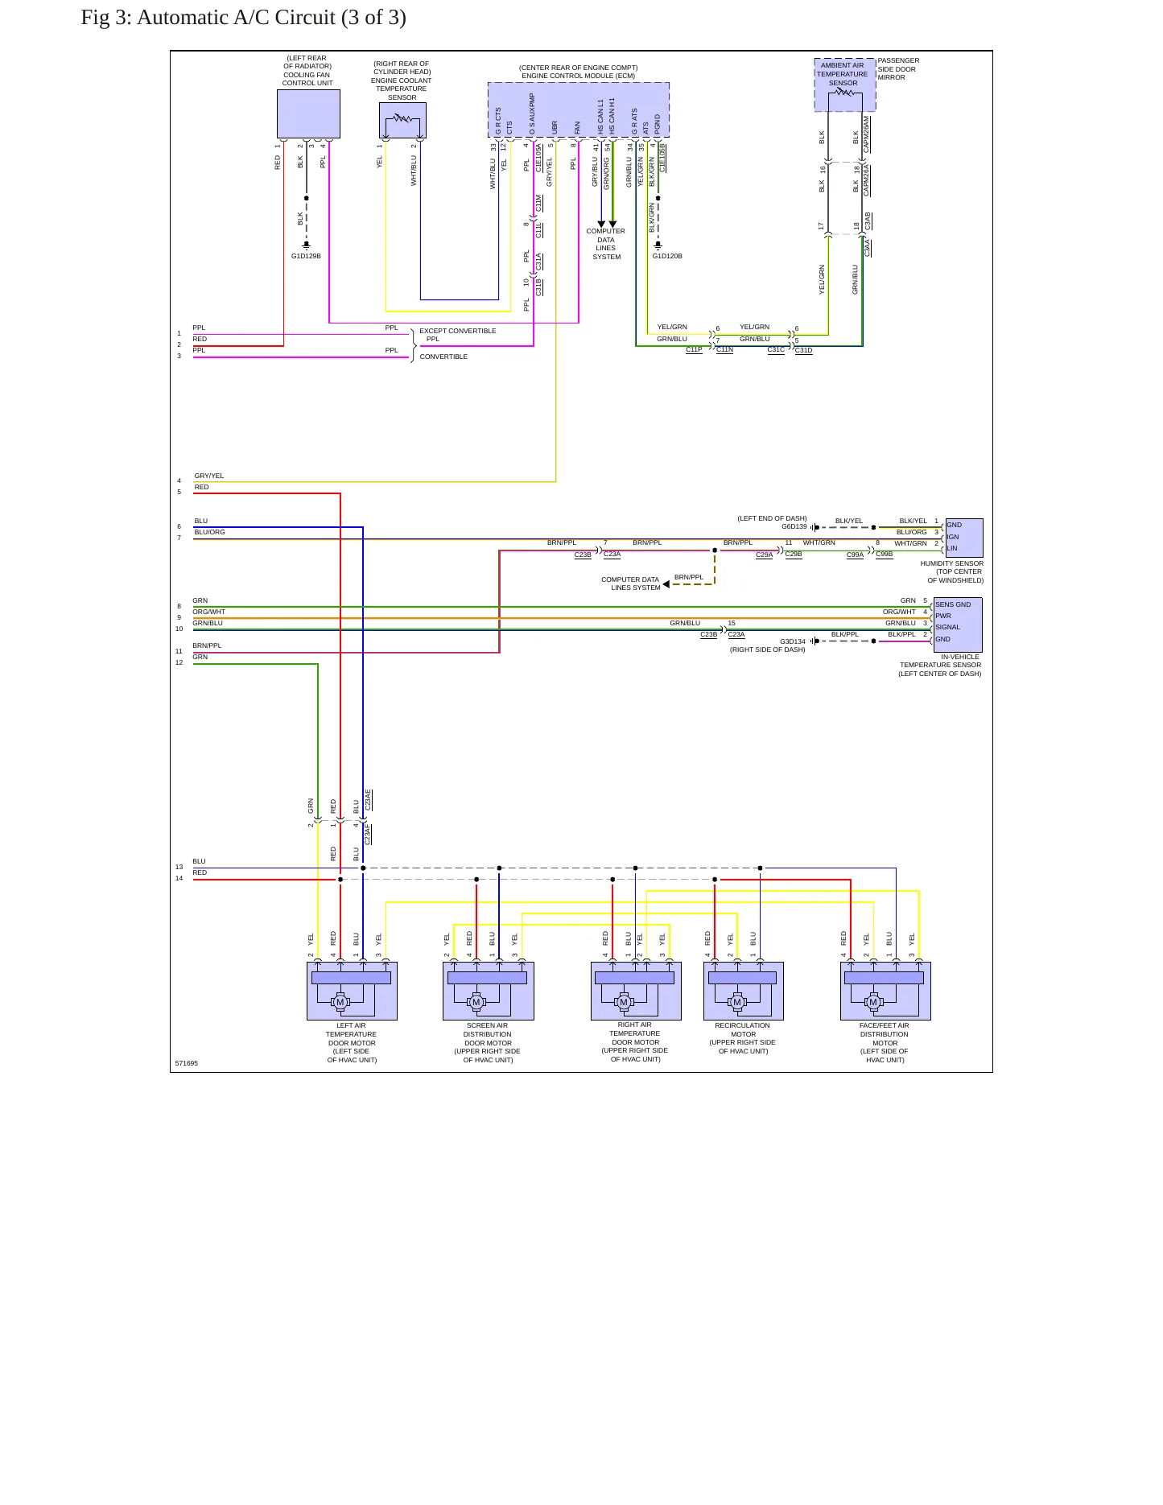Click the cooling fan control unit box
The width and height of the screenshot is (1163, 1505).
pyautogui.click(x=308, y=113)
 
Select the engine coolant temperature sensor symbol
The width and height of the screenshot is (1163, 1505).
pyautogui.click(x=402, y=120)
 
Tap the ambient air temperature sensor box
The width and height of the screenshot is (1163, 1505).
pyautogui.click(x=844, y=85)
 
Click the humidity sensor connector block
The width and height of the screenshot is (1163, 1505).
pyautogui.click(x=963, y=538)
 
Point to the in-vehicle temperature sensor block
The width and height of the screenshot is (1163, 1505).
pyautogui.click(x=958, y=625)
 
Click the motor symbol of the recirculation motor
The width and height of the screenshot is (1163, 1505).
pyautogui.click(x=737, y=1002)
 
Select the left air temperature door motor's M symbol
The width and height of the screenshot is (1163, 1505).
pyautogui.click(x=340, y=1002)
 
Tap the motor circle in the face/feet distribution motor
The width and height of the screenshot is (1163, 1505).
pyautogui.click(x=873, y=1002)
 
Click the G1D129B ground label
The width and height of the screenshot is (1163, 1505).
pyautogui.click(x=306, y=256)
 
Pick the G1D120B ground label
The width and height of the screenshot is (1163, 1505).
pyautogui.click(x=667, y=256)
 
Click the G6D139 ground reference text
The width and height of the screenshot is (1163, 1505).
pyautogui.click(x=794, y=526)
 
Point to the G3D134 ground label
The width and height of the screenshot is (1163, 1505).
pyautogui.click(x=793, y=641)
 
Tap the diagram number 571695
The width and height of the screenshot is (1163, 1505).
pyautogui.click(x=187, y=1063)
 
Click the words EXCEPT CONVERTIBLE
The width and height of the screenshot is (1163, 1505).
pyautogui.click(x=458, y=331)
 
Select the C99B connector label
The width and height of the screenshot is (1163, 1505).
pyautogui.click(x=885, y=555)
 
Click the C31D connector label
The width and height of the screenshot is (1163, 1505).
pyautogui.click(x=804, y=351)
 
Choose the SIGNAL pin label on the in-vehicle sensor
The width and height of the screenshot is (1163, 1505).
pyautogui.click(x=948, y=627)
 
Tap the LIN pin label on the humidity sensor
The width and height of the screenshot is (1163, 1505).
pyautogui.click(x=952, y=548)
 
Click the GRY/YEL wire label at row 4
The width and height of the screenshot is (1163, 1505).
pyautogui.click(x=209, y=476)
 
